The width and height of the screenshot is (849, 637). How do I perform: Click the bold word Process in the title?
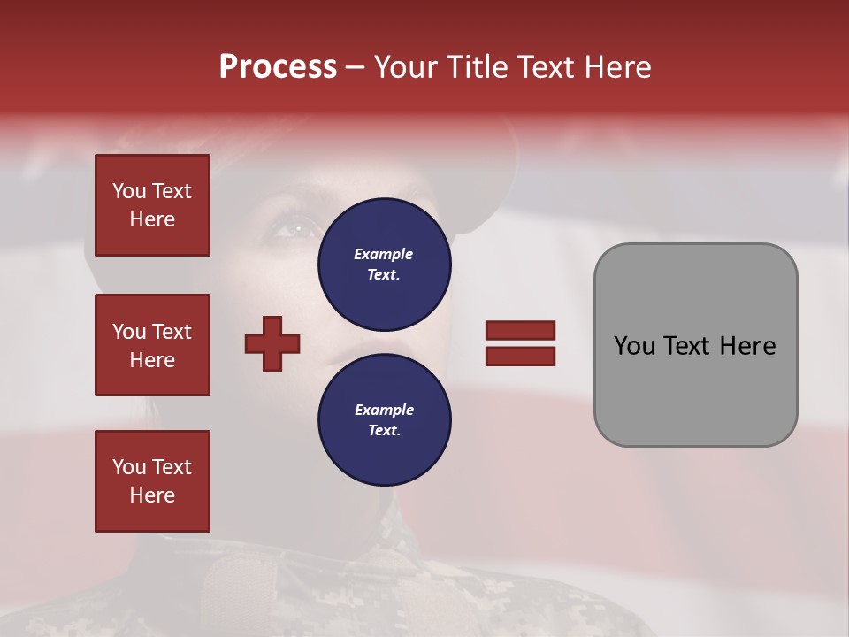(x=278, y=67)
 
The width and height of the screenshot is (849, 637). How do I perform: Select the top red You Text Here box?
(x=152, y=205)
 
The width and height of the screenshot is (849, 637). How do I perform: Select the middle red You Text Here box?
(x=152, y=345)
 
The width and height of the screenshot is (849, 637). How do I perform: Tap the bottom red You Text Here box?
(x=152, y=481)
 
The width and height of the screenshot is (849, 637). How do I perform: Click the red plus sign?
(x=272, y=343)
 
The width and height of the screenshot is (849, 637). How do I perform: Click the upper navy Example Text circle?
(x=384, y=265)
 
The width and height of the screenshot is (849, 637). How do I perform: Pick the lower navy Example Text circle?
(x=384, y=420)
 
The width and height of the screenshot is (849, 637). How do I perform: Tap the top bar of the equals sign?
(x=520, y=330)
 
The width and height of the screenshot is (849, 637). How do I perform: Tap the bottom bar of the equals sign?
(x=520, y=356)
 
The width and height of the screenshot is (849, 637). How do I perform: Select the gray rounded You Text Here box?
(x=695, y=345)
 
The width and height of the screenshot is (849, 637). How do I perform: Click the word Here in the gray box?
(x=747, y=346)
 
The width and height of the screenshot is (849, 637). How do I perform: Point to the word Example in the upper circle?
(x=384, y=254)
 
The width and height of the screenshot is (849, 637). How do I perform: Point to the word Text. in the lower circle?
(x=384, y=431)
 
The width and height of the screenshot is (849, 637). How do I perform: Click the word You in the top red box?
(x=129, y=191)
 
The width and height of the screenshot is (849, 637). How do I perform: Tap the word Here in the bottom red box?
(x=152, y=495)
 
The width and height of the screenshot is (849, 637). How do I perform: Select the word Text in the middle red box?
(x=172, y=332)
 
